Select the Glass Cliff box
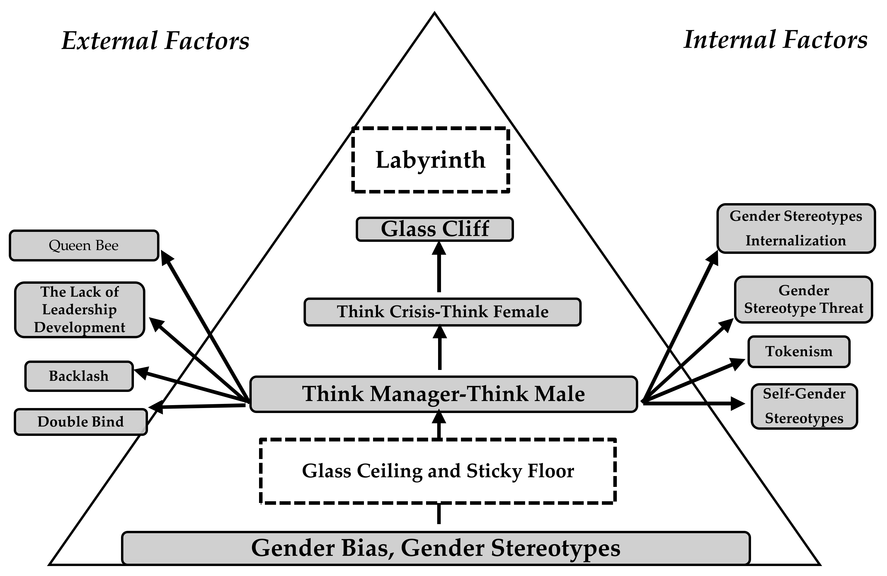point(435,229)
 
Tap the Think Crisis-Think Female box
point(442,312)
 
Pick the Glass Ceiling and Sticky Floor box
point(438,471)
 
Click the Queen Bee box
point(84,245)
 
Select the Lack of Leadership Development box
point(79,310)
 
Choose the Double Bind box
point(81,422)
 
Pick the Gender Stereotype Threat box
point(803,299)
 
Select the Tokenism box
point(799,351)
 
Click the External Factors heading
point(155,41)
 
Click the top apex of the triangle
point(435,14)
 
